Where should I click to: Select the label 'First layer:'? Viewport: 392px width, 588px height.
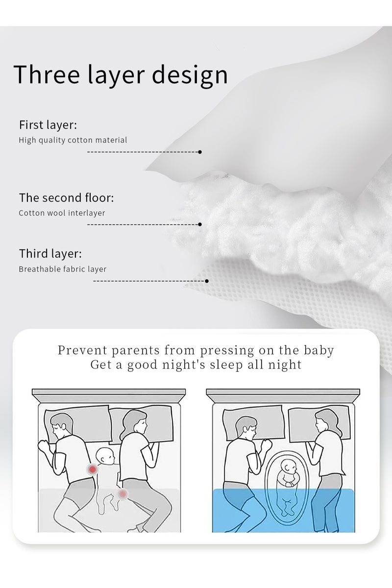click(48, 125)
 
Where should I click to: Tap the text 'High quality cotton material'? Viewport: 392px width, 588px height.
click(73, 140)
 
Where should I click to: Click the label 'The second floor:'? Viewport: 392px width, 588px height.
click(67, 198)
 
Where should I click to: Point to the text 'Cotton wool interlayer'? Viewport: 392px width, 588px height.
click(62, 213)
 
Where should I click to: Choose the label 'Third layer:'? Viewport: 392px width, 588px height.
click(50, 254)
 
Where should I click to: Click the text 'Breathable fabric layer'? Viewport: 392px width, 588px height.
click(63, 269)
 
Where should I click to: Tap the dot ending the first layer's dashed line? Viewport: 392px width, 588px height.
click(200, 152)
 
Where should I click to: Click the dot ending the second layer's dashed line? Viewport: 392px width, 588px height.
click(200, 224)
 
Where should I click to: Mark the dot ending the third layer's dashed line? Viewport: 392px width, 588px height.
click(207, 281)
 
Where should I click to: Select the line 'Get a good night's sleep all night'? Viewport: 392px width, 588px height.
click(196, 365)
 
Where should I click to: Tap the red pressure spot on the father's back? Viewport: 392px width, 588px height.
click(92, 469)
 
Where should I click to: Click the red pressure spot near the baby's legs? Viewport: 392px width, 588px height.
click(122, 492)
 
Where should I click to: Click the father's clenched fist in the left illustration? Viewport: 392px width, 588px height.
click(45, 447)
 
